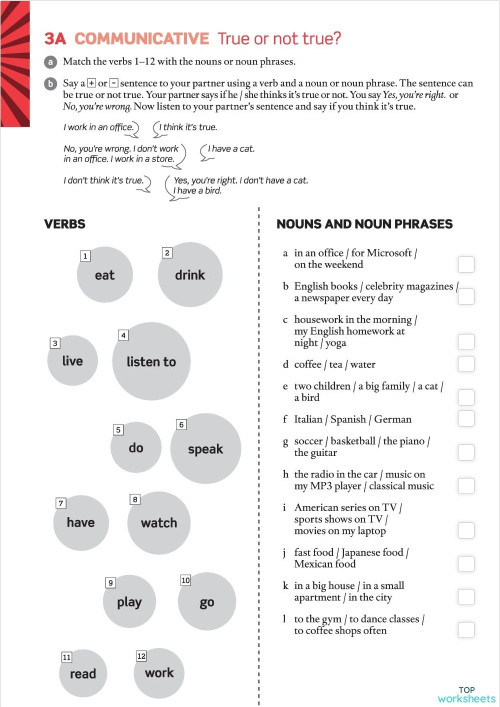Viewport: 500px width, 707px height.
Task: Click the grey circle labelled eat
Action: [x=105, y=275]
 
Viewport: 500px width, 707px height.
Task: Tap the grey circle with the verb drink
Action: [x=189, y=274]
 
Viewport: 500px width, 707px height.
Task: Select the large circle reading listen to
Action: [x=151, y=361]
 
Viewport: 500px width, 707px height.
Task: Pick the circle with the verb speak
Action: [x=205, y=449]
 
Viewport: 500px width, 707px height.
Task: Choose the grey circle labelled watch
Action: [x=159, y=522]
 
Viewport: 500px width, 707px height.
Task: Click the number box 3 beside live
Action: [x=54, y=343]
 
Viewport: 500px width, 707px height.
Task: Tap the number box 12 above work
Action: [x=141, y=656]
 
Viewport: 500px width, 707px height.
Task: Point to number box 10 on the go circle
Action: [x=185, y=580]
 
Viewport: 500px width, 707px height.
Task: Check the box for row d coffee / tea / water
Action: [x=466, y=365]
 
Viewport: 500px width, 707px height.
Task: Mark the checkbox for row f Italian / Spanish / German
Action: [x=466, y=419]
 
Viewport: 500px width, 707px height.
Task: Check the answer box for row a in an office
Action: [x=466, y=264]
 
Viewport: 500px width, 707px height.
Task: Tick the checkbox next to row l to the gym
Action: [x=466, y=629]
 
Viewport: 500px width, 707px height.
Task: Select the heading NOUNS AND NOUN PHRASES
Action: [x=364, y=224]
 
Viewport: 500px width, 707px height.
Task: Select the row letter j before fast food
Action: [x=285, y=553]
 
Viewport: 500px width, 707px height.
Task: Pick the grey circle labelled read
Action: [x=83, y=673]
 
